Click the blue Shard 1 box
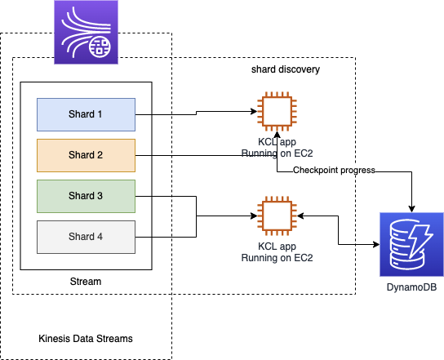tap(86, 115)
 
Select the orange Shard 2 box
tap(86, 155)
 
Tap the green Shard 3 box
tap(86, 196)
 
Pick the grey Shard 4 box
tap(86, 237)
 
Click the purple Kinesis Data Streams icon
tap(86, 33)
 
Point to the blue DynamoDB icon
tap(411, 244)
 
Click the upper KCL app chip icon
tap(277, 111)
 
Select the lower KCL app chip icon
tap(277, 216)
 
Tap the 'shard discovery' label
tap(286, 69)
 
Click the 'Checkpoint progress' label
tap(334, 170)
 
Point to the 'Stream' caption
tap(86, 282)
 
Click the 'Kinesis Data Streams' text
tap(86, 339)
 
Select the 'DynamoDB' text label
tap(411, 287)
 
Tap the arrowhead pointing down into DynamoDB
tap(411, 209)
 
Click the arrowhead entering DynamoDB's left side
tap(376, 244)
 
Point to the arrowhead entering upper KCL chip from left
tap(254, 111)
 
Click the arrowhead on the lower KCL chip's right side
tap(300, 216)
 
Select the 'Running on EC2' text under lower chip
tap(277, 258)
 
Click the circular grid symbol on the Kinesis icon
tap(100, 47)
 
